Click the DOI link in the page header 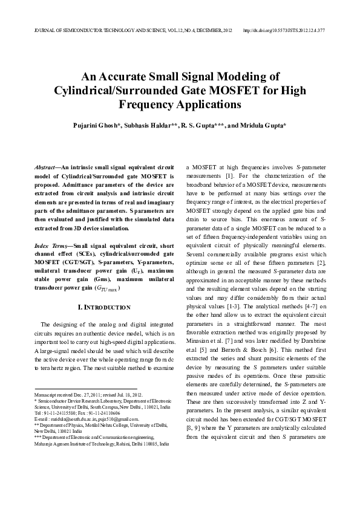(x=284, y=29)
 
